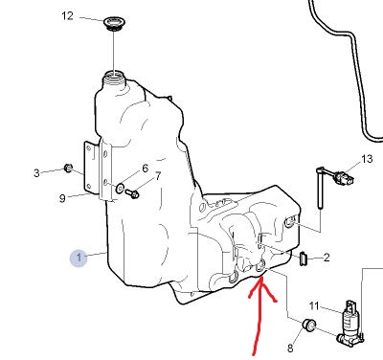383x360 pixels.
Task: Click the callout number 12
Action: pos(67,16)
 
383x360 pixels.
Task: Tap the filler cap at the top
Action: pos(115,24)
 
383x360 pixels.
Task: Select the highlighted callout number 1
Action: pos(79,258)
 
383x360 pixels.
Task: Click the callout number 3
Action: pos(36,173)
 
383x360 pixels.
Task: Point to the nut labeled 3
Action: pos(68,168)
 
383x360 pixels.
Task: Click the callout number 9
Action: pos(62,198)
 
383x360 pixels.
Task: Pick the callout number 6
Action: pos(146,169)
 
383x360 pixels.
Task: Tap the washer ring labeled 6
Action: pos(120,188)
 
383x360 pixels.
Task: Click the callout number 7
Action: pos(158,176)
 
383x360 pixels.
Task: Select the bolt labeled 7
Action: pos(132,193)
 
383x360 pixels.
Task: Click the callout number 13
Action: pos(367,159)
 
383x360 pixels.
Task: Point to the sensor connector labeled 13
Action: pos(344,178)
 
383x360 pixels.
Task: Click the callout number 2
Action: pos(327,258)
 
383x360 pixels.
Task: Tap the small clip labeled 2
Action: pos(303,259)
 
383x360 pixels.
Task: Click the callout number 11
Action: pos(314,306)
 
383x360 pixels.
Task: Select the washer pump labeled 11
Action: pos(350,323)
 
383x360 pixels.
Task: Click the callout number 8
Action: pos(290,349)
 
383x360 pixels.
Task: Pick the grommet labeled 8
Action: pos(309,325)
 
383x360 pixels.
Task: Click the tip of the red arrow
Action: pos(260,279)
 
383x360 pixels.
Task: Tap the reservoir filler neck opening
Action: pos(114,77)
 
